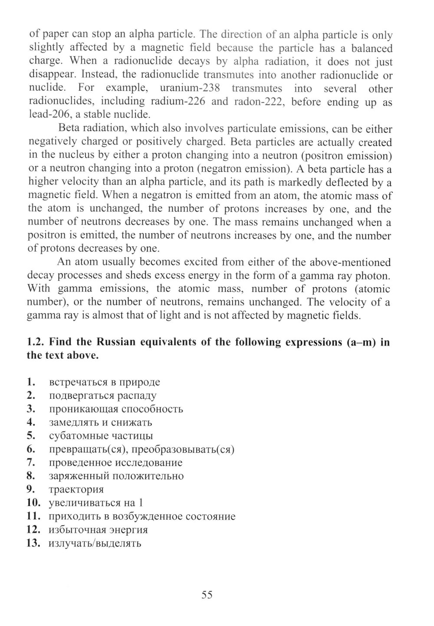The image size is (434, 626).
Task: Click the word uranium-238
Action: click(x=190, y=88)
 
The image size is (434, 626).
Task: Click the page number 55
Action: click(x=207, y=595)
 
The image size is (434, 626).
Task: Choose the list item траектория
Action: click(x=76, y=490)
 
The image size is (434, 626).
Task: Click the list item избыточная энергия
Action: click(x=99, y=530)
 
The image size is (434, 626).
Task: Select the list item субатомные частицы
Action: click(x=101, y=436)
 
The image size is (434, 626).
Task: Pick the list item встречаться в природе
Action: click(x=105, y=382)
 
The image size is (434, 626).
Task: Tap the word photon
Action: click(x=376, y=275)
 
